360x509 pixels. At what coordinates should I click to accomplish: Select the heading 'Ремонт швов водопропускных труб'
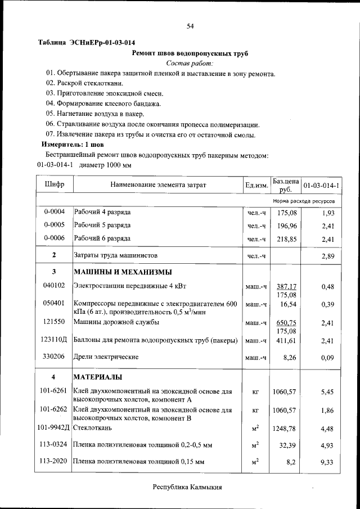190,53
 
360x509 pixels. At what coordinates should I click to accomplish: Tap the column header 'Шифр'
55,184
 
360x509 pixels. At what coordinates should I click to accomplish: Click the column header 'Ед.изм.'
256,184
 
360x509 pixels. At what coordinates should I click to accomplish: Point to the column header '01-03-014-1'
324,184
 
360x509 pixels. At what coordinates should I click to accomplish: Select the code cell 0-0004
55,212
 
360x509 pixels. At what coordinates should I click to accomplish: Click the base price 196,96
286,226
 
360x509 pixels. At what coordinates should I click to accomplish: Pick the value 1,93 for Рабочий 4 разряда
327,213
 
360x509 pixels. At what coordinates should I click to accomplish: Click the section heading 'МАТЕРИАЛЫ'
98,377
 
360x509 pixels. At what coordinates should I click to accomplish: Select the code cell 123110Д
55,340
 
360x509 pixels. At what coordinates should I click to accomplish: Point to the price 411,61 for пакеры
286,340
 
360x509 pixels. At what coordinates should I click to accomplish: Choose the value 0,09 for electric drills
327,357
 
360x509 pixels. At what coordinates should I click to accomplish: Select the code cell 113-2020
55,461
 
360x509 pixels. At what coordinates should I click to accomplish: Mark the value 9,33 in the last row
327,462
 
